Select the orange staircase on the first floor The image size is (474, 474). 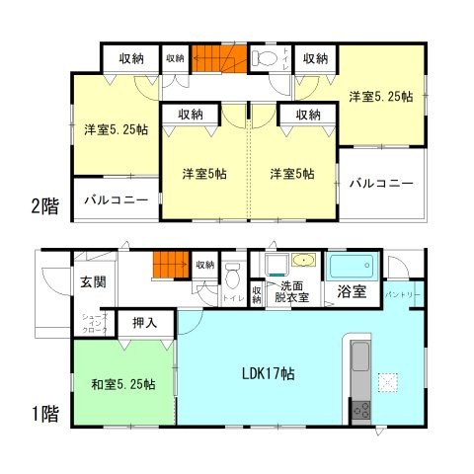tap(169, 265)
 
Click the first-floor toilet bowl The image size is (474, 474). tap(233, 272)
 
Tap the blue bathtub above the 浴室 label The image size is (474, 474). tap(353, 267)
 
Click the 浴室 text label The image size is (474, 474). tap(352, 292)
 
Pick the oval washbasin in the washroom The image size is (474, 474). tap(304, 262)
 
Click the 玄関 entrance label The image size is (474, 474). tap(94, 282)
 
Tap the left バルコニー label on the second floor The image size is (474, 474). tap(116, 200)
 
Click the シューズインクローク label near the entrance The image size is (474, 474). tap(93, 324)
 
